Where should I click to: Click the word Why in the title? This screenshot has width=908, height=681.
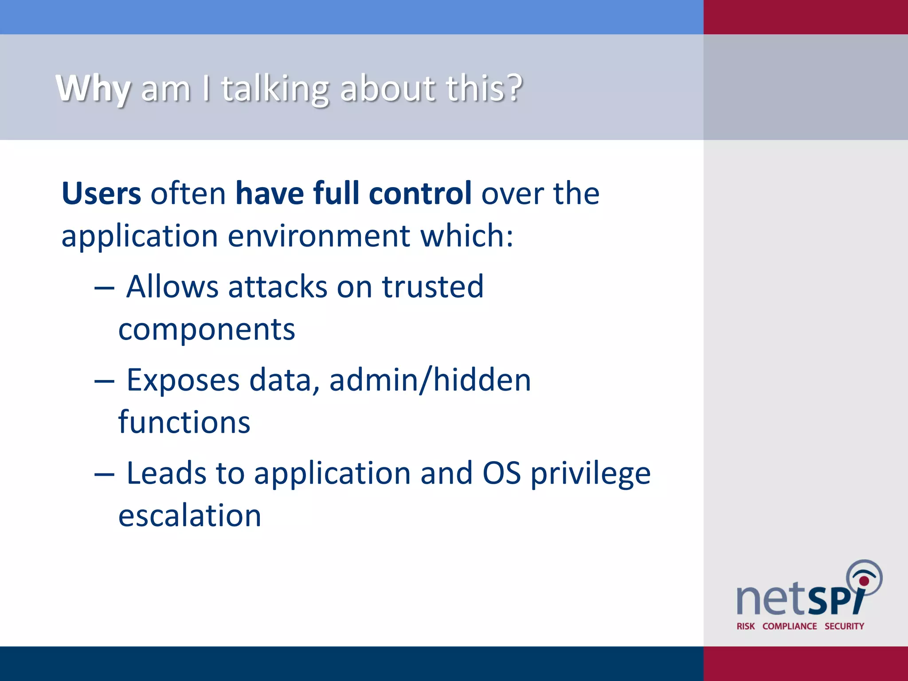[93, 89]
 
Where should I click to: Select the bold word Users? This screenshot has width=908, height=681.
[101, 194]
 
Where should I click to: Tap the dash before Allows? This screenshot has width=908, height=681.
[104, 288]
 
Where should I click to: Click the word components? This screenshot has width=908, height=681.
[207, 330]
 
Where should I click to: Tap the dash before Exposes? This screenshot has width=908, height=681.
[104, 382]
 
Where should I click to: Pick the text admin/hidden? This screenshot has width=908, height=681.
[430, 380]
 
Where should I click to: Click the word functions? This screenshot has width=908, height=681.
[184, 422]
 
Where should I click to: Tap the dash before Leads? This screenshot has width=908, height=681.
[104, 475]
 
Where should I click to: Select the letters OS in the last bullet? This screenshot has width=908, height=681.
[501, 474]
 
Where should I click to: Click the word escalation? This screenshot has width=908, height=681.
[190, 516]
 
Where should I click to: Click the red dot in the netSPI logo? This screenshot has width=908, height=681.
[864, 581]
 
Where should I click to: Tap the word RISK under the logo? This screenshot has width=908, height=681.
[745, 626]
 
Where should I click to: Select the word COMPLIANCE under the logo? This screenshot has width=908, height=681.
[789, 626]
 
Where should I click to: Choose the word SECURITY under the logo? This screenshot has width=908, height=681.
[844, 626]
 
